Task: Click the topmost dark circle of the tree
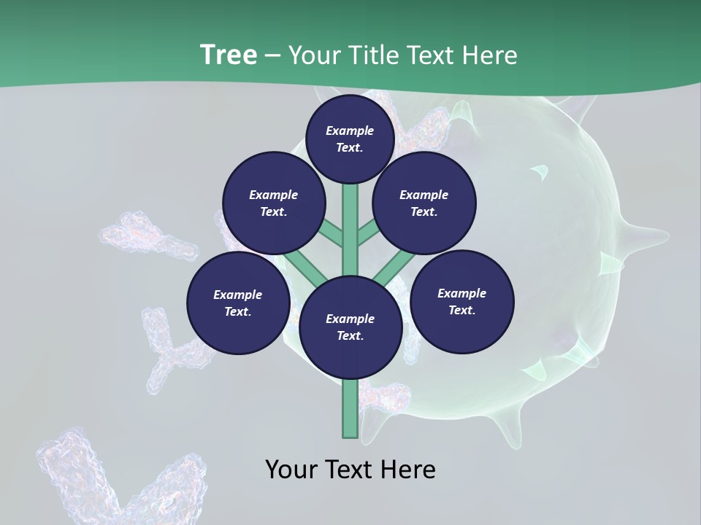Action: tap(350, 139)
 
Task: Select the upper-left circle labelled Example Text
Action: tap(273, 203)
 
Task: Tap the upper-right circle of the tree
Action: tap(424, 203)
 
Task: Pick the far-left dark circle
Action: tap(238, 303)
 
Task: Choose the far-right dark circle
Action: tap(461, 301)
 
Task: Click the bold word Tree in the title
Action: tap(229, 55)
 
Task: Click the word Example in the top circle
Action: tap(350, 131)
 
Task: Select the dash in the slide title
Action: tap(272, 55)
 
